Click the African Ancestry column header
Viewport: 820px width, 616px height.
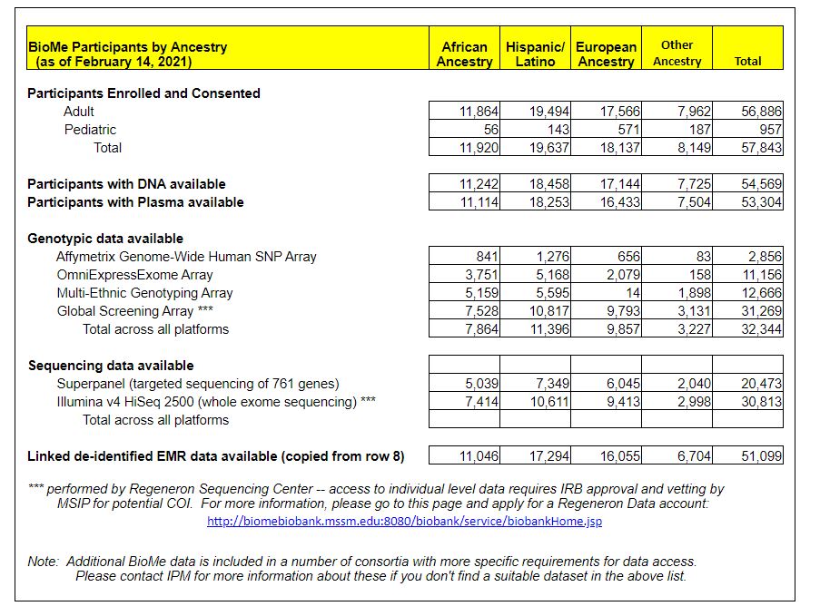point(464,54)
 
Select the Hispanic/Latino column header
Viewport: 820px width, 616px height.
point(535,54)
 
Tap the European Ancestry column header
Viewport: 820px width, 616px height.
point(606,54)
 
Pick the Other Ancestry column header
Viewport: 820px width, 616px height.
point(677,53)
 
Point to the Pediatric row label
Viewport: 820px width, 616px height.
point(90,130)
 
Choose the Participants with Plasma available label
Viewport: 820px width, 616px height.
point(135,202)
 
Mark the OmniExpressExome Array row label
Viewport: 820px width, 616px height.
point(134,275)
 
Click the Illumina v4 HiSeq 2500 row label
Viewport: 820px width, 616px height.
point(216,402)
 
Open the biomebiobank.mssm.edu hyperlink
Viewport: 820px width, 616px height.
point(404,522)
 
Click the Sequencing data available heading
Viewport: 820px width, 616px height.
point(111,366)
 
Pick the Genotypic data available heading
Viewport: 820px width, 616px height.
point(105,239)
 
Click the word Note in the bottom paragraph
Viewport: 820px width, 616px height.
point(43,562)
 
